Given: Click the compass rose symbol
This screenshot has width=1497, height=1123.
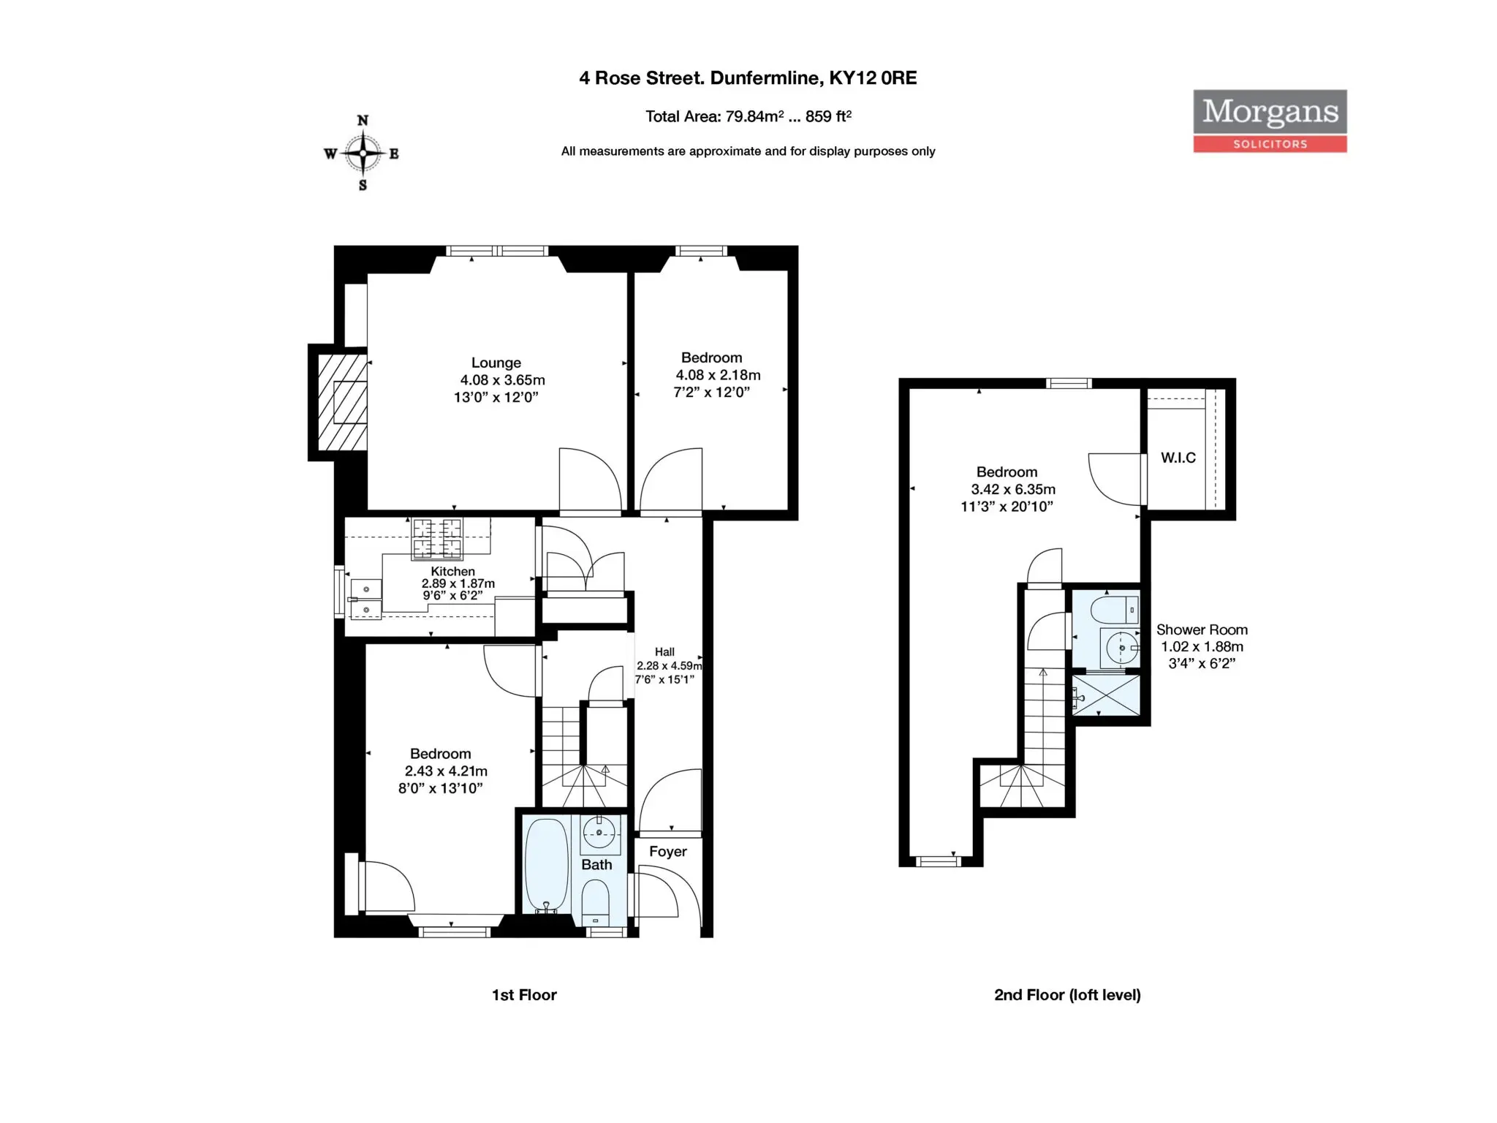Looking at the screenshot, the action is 363,153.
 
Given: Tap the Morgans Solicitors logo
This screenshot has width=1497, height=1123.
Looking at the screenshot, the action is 1270,121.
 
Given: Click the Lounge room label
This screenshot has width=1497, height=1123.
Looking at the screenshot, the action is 496,363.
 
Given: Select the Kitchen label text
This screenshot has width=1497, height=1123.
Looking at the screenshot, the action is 452,571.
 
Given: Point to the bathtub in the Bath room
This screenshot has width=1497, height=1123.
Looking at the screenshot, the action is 546,865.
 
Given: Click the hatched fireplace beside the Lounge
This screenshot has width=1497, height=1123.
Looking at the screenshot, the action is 342,402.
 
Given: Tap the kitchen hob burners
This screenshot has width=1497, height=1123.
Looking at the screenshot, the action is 437,538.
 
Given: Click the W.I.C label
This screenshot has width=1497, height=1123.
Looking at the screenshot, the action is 1178,458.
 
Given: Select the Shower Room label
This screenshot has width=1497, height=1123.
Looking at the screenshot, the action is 1202,629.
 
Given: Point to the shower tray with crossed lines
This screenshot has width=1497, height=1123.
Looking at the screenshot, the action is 1106,695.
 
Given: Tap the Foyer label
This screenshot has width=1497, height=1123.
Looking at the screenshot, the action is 668,852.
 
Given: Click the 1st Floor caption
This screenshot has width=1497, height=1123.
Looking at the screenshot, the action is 524,995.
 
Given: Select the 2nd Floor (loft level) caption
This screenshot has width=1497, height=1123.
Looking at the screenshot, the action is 1067,995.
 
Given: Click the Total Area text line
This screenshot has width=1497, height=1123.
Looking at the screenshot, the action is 748,116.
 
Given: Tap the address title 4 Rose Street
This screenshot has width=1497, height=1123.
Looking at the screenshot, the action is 748,78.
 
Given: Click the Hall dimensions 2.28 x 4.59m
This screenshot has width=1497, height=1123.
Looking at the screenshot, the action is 669,666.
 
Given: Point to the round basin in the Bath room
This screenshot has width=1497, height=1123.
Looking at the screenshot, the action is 599,833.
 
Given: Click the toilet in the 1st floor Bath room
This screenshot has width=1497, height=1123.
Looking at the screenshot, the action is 596,902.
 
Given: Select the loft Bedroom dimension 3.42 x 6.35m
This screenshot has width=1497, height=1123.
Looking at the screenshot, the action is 1013,490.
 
